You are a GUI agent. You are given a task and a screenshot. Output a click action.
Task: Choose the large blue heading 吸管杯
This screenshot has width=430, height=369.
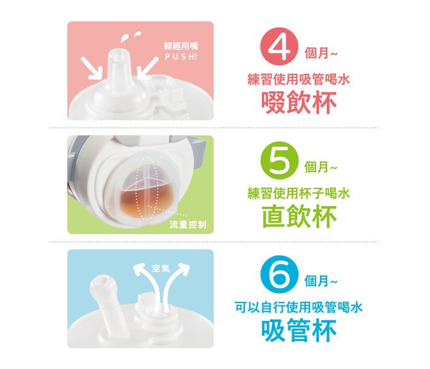pos(300,330)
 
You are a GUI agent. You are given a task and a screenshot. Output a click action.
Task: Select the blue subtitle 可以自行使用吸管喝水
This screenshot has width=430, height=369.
pos(298,308)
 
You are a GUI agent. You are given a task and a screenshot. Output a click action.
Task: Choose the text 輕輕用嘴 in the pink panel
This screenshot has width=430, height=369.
pos(176,46)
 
